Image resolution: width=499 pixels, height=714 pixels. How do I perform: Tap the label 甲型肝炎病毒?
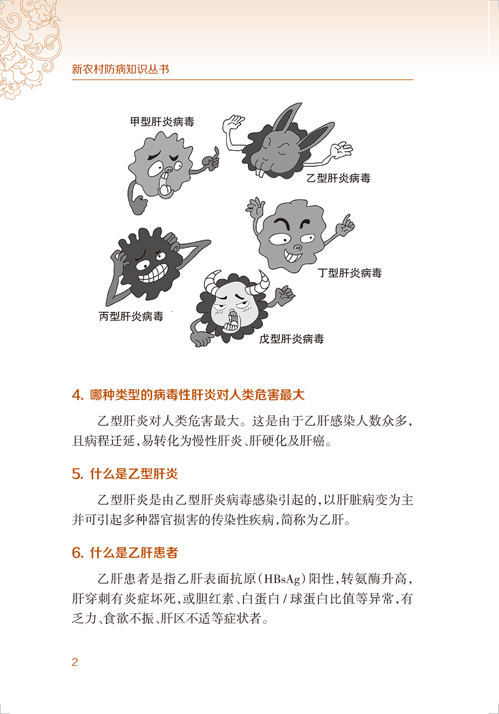[x=162, y=122]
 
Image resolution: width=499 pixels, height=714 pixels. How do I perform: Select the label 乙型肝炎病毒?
[x=338, y=178]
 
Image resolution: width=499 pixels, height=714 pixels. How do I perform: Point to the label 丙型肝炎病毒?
[x=131, y=317]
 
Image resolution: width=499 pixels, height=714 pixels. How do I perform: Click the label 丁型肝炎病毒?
[x=349, y=273]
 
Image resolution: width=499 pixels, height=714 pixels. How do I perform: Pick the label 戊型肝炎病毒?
[x=291, y=339]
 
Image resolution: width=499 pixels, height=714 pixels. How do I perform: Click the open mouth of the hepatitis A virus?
[x=165, y=188]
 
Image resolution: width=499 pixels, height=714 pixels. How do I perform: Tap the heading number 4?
[x=77, y=395]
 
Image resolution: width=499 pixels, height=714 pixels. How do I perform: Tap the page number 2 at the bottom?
[x=75, y=662]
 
